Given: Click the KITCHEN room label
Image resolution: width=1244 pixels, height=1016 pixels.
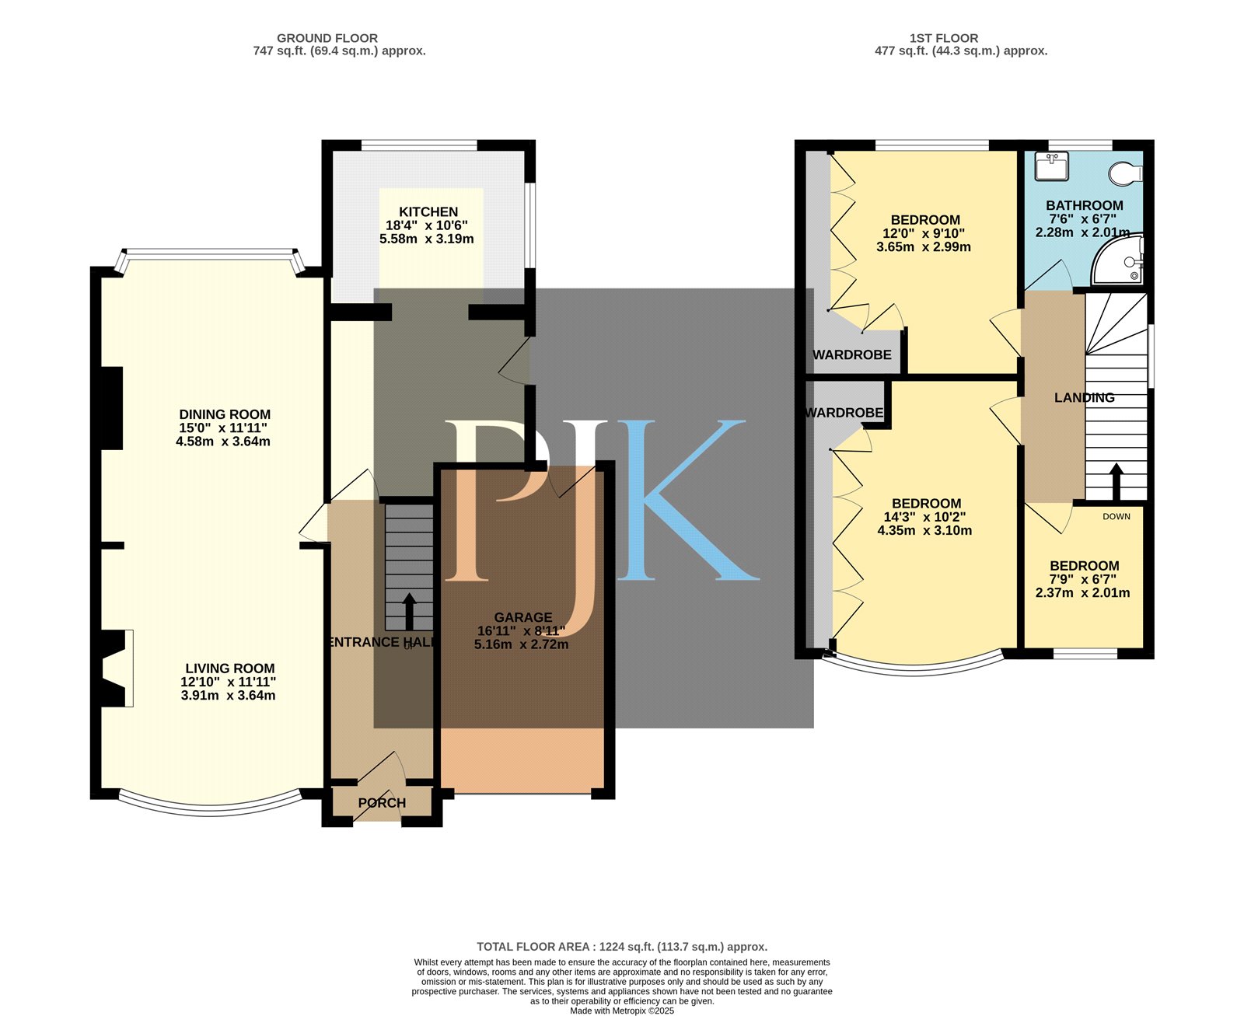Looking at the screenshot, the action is click(x=428, y=211).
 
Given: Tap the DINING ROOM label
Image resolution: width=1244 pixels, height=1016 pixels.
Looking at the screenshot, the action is click(x=225, y=414).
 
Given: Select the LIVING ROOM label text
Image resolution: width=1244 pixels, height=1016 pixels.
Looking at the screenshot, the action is click(x=230, y=668).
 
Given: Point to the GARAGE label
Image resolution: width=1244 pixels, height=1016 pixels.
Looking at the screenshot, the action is click(x=523, y=617).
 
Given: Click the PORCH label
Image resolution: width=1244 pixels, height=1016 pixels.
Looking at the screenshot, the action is click(x=383, y=802).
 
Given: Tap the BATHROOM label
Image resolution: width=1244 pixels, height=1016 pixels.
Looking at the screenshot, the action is click(x=1084, y=205).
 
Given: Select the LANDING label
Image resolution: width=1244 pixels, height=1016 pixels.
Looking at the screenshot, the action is click(x=1084, y=397).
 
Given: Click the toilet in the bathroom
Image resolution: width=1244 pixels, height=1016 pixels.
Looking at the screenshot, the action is click(x=1125, y=173).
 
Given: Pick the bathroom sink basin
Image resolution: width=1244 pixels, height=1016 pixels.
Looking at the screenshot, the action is click(x=1052, y=166).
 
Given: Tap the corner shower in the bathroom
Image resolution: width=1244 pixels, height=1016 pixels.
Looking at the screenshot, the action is click(x=1118, y=260).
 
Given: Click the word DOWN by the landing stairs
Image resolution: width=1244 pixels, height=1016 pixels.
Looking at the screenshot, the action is click(x=1116, y=516).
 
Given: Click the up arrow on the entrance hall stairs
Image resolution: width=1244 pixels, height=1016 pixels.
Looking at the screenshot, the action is click(x=409, y=612).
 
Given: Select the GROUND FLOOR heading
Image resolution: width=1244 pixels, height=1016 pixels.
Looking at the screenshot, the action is click(x=327, y=38).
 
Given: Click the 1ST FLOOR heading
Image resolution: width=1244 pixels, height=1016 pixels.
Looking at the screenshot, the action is click(x=944, y=38).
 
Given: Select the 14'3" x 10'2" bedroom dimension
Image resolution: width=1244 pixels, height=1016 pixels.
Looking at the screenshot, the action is click(x=924, y=517).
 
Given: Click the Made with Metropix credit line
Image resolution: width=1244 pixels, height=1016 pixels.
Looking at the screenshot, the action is click(x=622, y=1011).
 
